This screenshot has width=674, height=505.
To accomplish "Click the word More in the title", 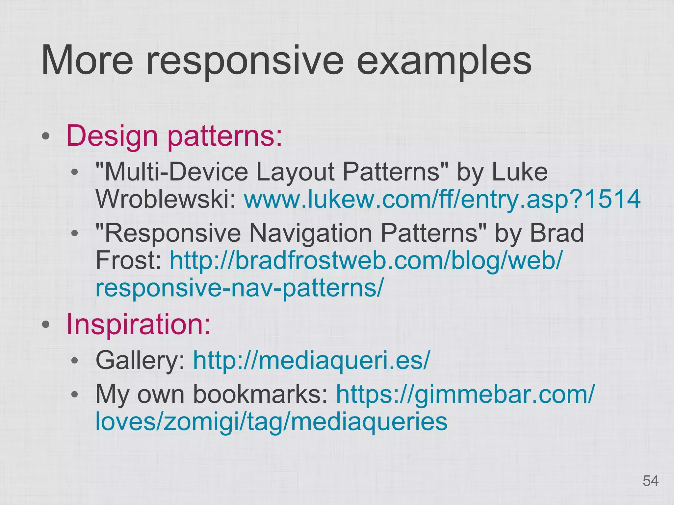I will point(87,61).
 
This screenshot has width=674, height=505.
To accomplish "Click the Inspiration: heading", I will point(138,324).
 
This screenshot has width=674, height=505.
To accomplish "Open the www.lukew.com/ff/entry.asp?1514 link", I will point(442,199).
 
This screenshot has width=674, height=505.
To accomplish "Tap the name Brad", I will point(556,233).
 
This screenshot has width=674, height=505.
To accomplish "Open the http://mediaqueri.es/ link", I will point(311,360).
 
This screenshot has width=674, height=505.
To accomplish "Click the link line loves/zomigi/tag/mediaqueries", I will point(271,422).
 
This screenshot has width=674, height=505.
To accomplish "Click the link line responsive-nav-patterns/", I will point(239,287).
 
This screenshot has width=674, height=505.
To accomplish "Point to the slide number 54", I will point(650,481).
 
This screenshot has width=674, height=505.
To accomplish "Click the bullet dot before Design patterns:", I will point(46,136).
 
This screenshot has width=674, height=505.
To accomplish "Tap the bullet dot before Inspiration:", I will point(46,325).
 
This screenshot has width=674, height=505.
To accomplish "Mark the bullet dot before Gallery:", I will point(75,360).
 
